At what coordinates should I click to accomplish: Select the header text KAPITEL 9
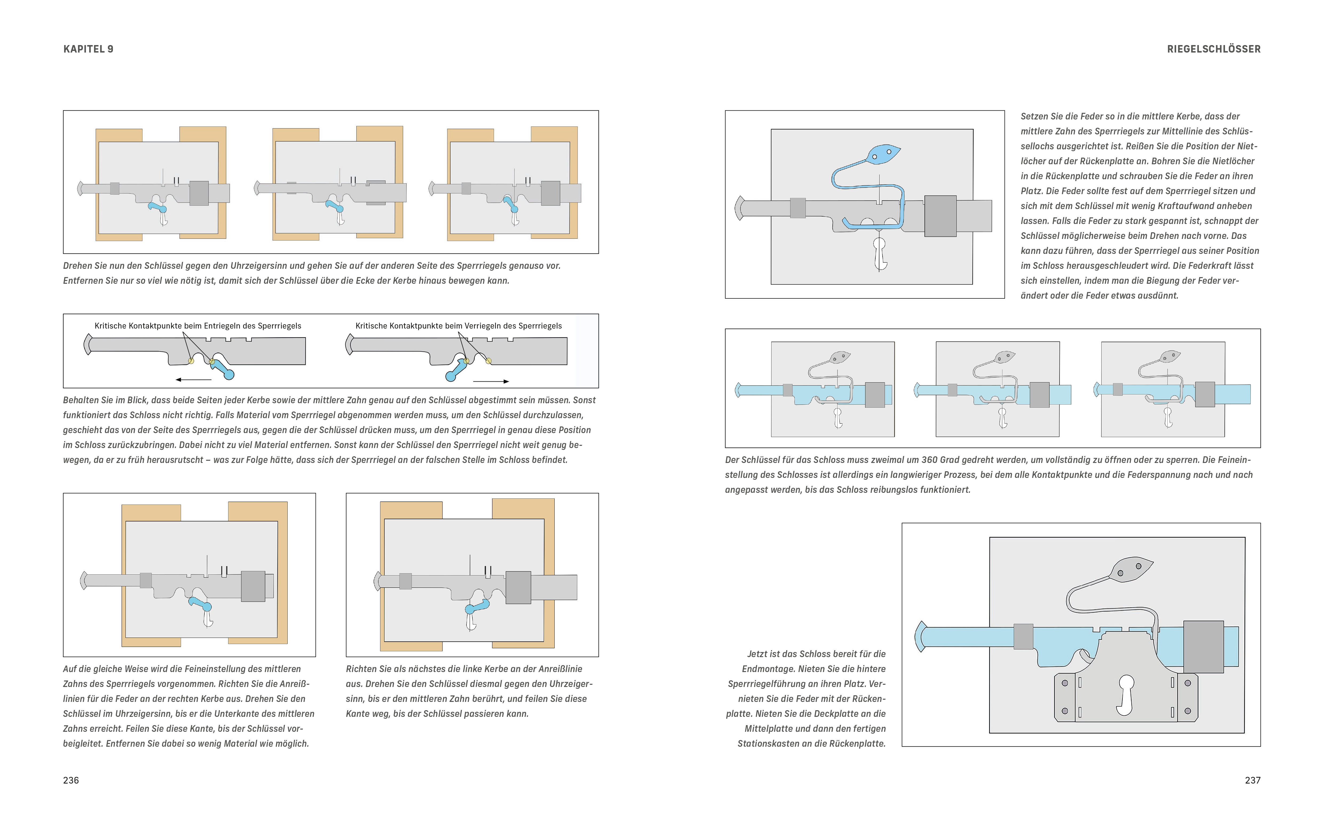point(88,49)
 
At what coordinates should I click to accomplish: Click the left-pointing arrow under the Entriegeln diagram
point(193,380)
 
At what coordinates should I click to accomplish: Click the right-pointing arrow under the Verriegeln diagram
point(491,381)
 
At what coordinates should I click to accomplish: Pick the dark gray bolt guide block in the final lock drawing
point(1204,647)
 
